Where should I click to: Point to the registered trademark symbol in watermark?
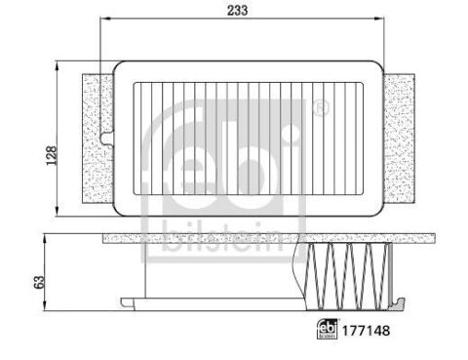tap(321, 108)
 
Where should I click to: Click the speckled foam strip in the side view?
tap(195, 237)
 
